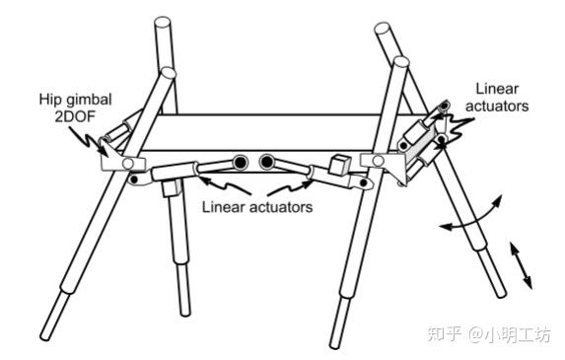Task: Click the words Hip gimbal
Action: (75, 100)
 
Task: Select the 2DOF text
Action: (75, 116)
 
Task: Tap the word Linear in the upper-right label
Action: (497, 89)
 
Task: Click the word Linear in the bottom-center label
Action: (224, 207)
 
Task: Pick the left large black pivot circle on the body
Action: (240, 163)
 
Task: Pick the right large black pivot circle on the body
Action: (267, 162)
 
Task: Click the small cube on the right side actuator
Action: (340, 166)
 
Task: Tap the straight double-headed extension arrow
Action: (521, 265)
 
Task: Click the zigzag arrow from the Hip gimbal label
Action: (89, 141)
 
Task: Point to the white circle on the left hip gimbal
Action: (128, 164)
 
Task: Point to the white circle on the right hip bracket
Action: (378, 161)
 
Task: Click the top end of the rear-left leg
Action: (163, 22)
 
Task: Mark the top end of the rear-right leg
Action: (383, 28)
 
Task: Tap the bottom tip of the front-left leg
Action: (45, 336)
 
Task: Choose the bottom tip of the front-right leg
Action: (335, 344)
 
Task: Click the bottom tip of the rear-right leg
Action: (502, 294)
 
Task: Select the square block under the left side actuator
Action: (171, 187)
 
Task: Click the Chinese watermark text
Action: (489, 334)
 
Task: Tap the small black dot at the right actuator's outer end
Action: (364, 183)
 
